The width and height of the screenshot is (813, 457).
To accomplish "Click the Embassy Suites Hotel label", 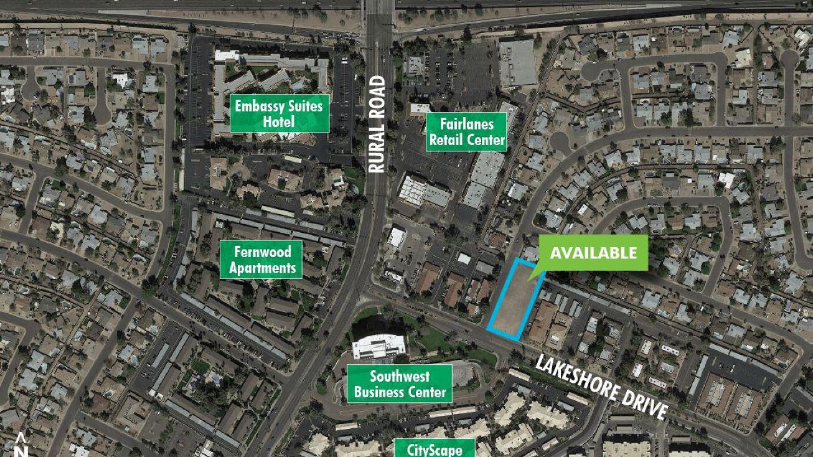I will pyautogui.click(x=279, y=113).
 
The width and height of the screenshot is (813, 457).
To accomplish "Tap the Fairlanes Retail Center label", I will pyautogui.click(x=467, y=131).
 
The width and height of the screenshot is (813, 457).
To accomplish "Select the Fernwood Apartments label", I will pyautogui.click(x=261, y=260).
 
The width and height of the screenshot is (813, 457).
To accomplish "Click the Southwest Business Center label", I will pyautogui.click(x=399, y=384).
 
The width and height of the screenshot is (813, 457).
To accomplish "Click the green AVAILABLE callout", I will pyautogui.click(x=593, y=252).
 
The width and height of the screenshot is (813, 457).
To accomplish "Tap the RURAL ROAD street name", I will pyautogui.click(x=377, y=125).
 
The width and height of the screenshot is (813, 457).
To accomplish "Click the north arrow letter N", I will pyautogui.click(x=22, y=450).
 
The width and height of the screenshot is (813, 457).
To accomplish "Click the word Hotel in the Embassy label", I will pyautogui.click(x=279, y=121).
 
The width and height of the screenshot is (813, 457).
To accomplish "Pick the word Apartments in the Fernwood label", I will pyautogui.click(x=262, y=268).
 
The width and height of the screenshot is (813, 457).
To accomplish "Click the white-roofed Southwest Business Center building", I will pyautogui.click(x=379, y=346).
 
